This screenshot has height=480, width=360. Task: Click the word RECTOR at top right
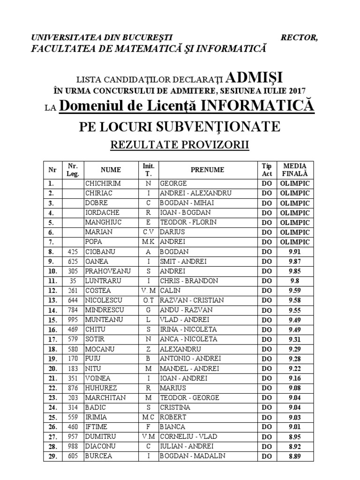[x=299, y=38]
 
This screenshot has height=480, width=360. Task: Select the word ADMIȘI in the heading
[x=255, y=77]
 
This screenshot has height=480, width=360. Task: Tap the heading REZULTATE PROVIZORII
[x=180, y=145]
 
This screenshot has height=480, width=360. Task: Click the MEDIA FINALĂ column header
[x=295, y=170]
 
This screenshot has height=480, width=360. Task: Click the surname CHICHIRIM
[x=103, y=183]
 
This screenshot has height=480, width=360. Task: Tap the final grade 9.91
[x=294, y=252]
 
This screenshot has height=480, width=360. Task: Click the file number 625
[x=73, y=262]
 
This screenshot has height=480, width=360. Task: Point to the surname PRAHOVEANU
[x=108, y=271]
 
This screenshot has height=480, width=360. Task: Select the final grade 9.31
[x=294, y=339]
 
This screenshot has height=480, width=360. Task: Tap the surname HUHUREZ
[x=101, y=388]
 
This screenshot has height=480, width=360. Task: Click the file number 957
[x=73, y=437]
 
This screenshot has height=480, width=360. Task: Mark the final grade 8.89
[x=294, y=457]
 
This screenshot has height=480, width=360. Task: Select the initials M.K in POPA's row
[x=148, y=242]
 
